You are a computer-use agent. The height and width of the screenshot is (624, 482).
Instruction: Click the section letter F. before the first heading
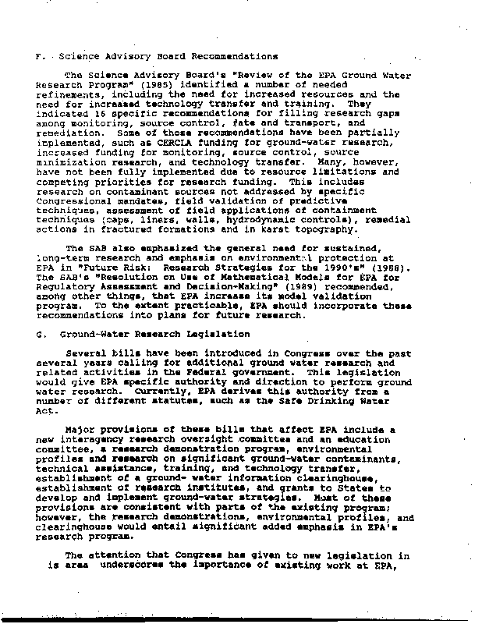click(40, 57)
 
